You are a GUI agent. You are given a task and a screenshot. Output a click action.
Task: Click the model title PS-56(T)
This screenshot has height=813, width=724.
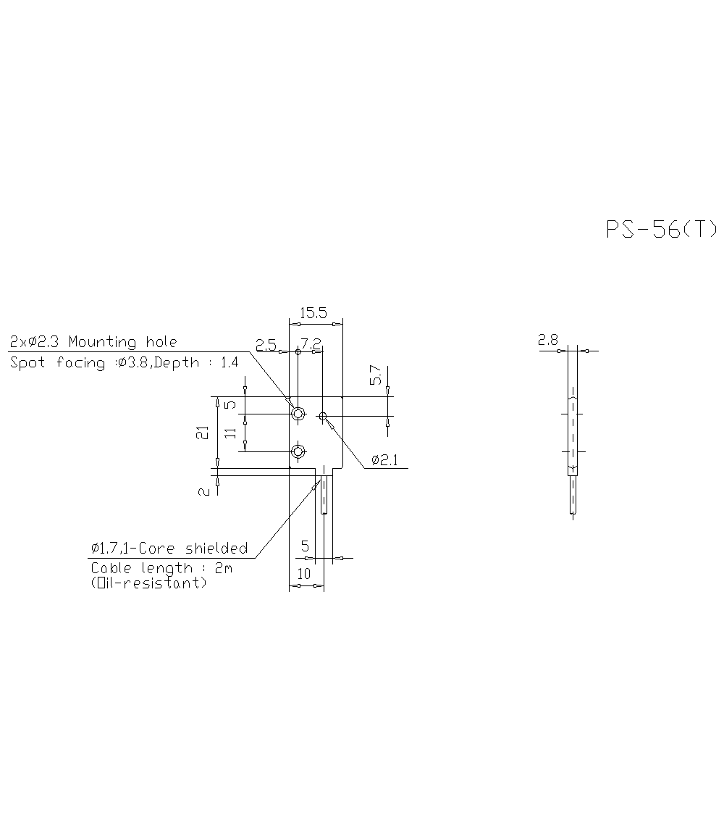661,230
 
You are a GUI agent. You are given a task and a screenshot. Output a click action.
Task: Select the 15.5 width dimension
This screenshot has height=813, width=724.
313,313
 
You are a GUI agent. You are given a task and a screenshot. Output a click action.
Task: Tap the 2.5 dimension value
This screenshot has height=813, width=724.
266,344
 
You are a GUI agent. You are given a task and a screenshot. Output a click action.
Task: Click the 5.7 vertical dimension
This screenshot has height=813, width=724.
375,375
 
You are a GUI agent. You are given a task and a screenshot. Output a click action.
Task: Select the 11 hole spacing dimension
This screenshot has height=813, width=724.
230,433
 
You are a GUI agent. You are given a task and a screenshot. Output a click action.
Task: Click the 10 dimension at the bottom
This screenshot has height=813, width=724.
304,574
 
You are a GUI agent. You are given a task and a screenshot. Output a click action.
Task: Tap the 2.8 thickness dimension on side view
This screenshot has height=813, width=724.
548,339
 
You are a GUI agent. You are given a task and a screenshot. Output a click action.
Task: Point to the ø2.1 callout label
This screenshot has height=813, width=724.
384,460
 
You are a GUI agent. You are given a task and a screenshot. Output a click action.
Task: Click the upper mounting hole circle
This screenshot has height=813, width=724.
298,414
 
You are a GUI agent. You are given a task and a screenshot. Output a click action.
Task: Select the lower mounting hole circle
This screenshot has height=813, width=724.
298,452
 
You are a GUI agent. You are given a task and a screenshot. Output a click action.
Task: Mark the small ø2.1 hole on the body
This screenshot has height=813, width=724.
323,416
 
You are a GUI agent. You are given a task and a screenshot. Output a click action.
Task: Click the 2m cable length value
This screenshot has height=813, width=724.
223,568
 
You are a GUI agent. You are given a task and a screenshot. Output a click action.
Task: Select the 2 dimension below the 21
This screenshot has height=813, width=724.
203,491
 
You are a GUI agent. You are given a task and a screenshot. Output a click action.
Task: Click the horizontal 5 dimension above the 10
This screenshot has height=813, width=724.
305,546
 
